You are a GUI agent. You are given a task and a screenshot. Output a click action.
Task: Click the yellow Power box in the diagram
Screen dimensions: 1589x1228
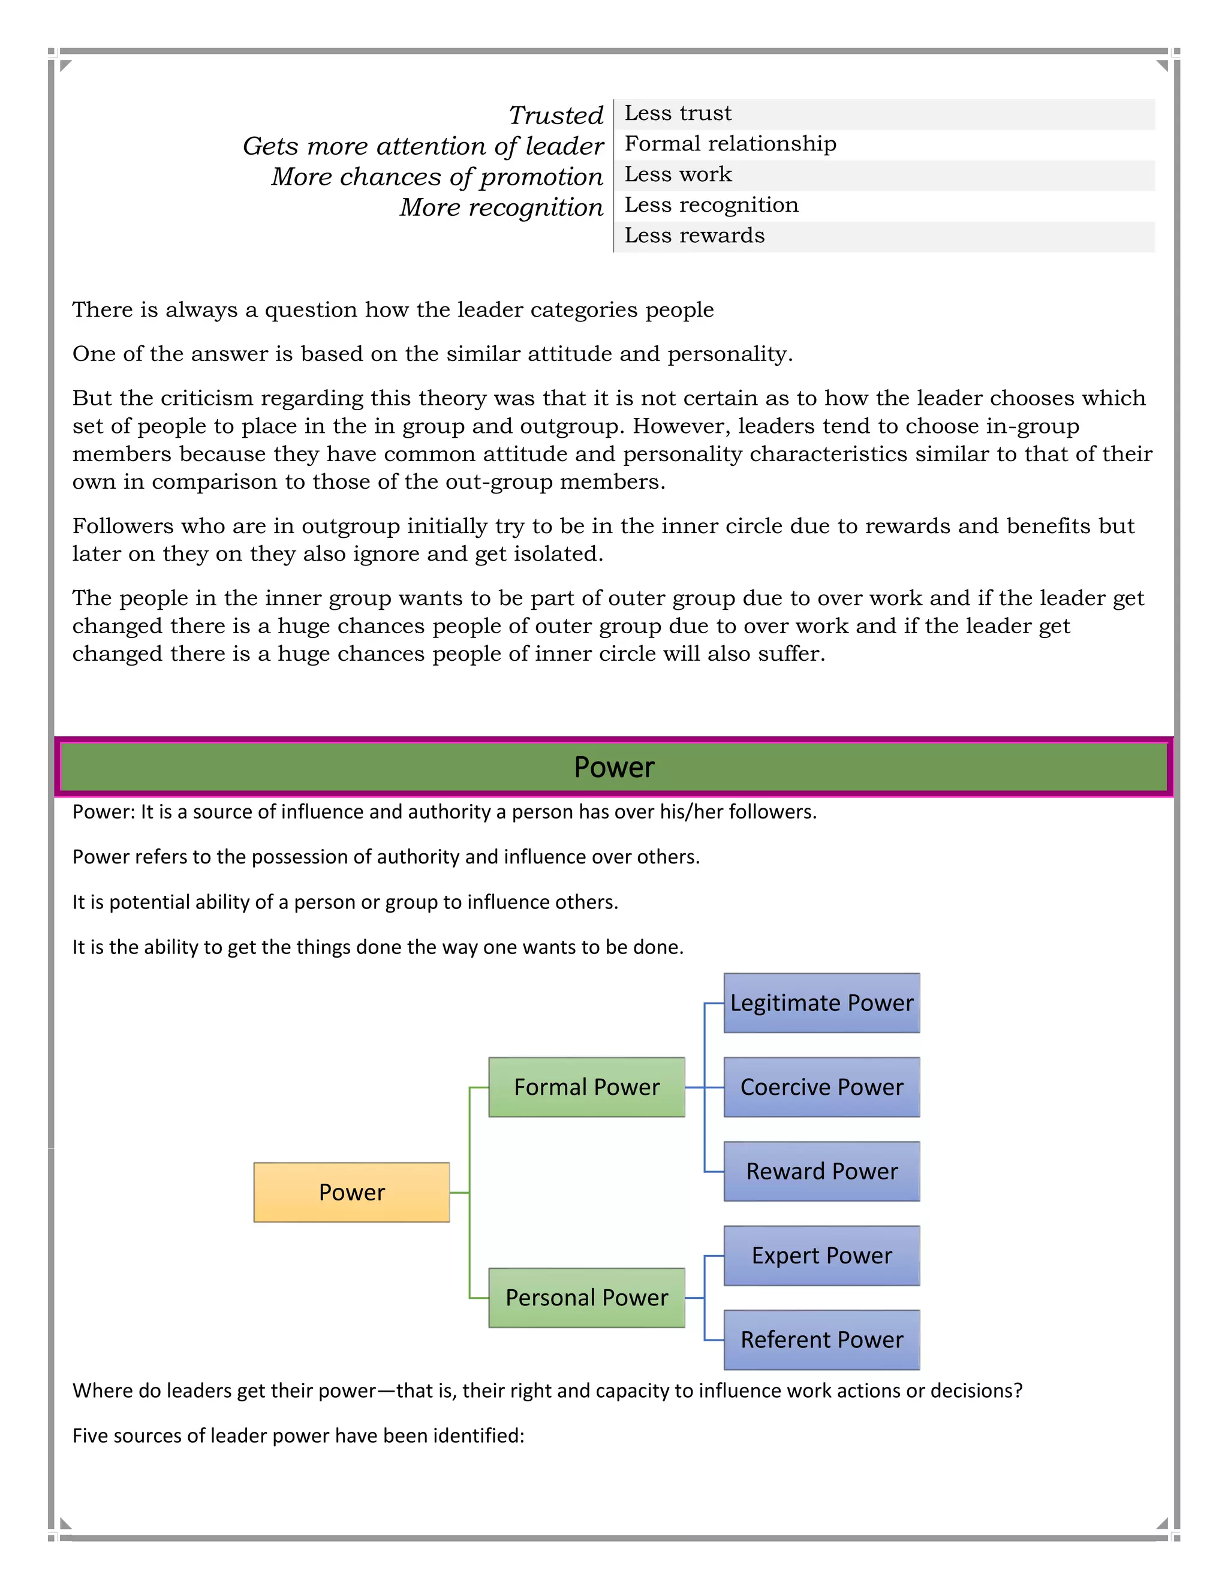(x=351, y=1192)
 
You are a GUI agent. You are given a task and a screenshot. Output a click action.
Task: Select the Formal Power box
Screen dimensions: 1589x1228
(x=586, y=1087)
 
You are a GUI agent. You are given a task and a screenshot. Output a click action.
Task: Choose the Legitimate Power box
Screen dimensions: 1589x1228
(x=821, y=1003)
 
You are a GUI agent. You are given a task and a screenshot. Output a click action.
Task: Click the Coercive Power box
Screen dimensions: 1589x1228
(x=821, y=1087)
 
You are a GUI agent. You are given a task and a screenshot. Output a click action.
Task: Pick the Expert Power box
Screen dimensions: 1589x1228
(x=821, y=1255)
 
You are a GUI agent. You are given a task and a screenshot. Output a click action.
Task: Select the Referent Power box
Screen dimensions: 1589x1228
(x=821, y=1340)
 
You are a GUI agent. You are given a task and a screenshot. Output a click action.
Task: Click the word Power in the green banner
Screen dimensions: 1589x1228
(x=614, y=767)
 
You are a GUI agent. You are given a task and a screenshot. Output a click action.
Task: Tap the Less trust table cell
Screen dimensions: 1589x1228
(x=678, y=113)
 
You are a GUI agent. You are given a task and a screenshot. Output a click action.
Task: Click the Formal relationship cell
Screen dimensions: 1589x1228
(x=730, y=144)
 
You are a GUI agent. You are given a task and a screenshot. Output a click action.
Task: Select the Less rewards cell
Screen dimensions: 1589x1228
(x=694, y=236)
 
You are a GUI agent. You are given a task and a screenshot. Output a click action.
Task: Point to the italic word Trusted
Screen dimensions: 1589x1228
(x=556, y=116)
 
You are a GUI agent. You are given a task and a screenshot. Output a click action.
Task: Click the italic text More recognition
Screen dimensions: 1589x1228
(x=501, y=207)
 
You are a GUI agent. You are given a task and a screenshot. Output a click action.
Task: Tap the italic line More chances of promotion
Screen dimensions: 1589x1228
(x=437, y=177)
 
